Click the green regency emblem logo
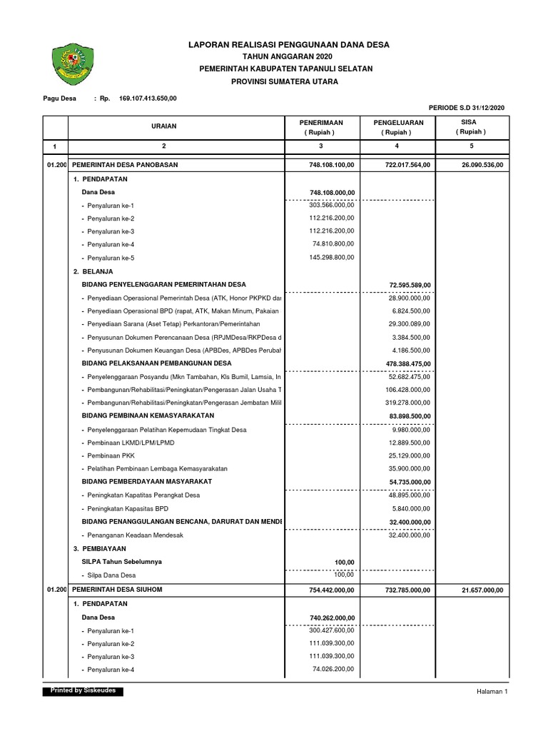click(69, 63)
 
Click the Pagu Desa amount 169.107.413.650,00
click(148, 98)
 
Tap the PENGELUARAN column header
click(398, 127)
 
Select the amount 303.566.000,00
click(331, 206)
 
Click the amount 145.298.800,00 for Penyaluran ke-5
click(331, 258)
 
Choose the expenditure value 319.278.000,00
click(407, 403)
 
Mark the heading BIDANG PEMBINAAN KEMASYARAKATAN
click(148, 415)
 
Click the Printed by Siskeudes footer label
click(83, 691)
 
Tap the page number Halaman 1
click(491, 692)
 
